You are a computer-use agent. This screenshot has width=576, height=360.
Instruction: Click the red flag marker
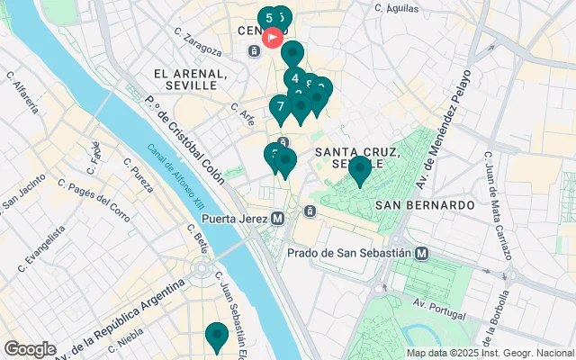pos(273,39)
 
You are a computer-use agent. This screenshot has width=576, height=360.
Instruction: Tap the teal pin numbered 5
pos(268,18)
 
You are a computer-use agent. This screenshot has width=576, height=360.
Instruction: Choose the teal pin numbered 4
pos(294,78)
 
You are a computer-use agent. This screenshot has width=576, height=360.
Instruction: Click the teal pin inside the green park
pos(360,168)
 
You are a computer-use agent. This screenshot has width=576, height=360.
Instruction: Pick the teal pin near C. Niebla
pos(216,336)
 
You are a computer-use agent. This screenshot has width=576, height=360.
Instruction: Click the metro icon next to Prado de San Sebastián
pos(422,254)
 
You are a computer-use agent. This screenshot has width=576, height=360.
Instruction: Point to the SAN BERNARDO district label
pos(425,205)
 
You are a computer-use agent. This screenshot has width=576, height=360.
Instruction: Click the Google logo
pos(30,349)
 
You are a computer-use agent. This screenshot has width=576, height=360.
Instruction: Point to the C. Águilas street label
pos(398,6)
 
